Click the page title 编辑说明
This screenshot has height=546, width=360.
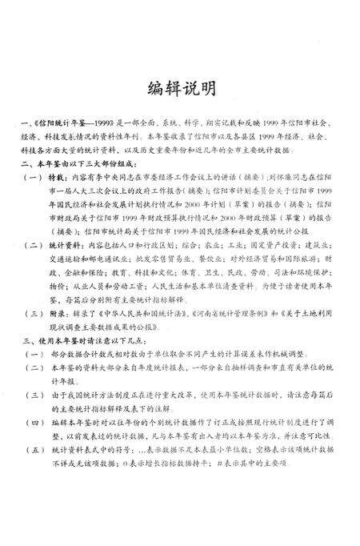coord(179,88)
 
